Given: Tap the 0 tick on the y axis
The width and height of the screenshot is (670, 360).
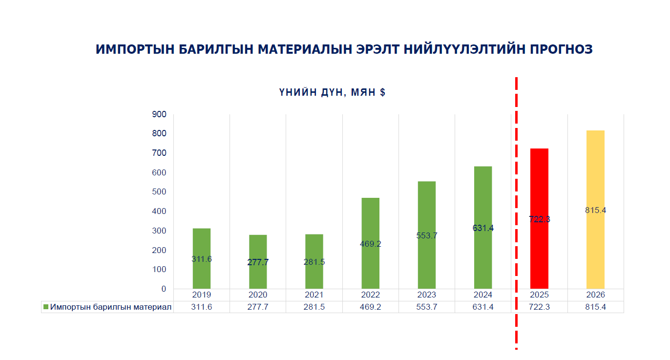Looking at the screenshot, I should (164, 289).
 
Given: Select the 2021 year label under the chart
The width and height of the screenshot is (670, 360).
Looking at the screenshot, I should (314, 295).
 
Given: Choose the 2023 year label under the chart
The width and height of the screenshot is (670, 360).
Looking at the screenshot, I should (426, 295).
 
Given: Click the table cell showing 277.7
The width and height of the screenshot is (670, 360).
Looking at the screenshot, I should (258, 307).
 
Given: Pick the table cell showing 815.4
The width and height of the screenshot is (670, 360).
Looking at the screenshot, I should (595, 307).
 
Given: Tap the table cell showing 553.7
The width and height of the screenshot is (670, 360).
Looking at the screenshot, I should (426, 307).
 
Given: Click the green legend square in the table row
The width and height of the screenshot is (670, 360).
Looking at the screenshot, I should (46, 307).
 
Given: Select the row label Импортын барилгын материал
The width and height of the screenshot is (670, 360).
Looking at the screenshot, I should (111, 307).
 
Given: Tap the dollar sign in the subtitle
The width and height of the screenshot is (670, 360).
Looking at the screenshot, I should (382, 92).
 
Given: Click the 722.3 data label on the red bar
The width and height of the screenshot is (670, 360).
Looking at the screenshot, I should (539, 219).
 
